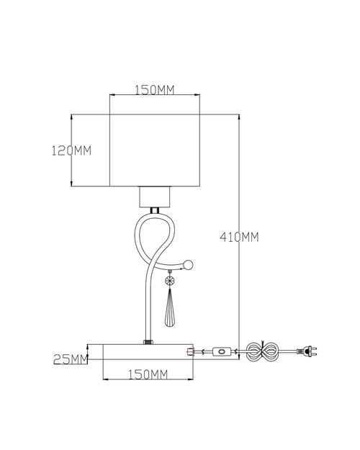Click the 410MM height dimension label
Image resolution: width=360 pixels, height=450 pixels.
pyautogui.click(x=239, y=238)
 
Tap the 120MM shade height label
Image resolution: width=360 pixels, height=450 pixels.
pyautogui.click(x=71, y=150)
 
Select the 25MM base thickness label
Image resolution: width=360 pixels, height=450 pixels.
pyautogui.click(x=71, y=359)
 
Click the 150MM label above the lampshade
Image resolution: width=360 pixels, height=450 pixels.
pyautogui.click(x=155, y=90)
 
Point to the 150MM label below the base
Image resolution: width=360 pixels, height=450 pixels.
pyautogui.click(x=148, y=374)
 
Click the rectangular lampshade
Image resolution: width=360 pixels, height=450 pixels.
pyautogui.click(x=155, y=150)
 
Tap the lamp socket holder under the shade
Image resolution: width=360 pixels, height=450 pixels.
pyautogui.click(x=155, y=197)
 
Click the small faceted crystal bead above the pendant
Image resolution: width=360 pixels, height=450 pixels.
pyautogui.click(x=170, y=280)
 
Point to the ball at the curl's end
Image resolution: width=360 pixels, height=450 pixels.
pyautogui.click(x=189, y=265)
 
